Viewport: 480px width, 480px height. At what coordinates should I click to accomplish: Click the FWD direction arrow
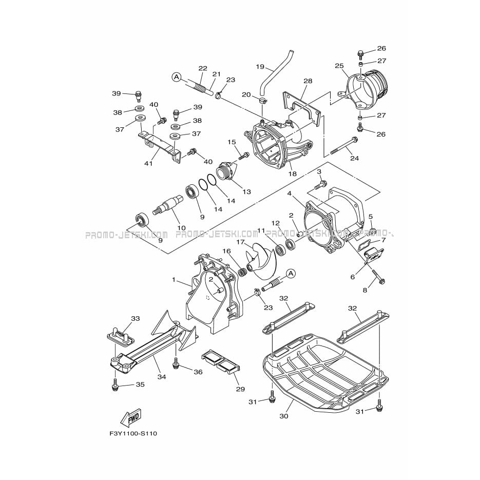(131, 417)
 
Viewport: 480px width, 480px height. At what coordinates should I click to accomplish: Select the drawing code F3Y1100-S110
(133, 433)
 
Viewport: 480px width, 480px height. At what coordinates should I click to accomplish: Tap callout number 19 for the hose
(260, 66)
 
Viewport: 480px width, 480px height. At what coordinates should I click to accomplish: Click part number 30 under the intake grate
(284, 416)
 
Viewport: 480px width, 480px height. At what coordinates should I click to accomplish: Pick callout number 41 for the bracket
(148, 164)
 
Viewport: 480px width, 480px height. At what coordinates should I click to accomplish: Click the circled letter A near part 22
(176, 77)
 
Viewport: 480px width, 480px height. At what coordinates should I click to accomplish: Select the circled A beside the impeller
(291, 273)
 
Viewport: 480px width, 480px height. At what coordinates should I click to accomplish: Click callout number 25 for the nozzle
(339, 66)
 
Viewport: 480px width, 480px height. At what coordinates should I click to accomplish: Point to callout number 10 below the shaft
(182, 228)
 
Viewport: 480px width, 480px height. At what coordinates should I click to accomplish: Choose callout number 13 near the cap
(246, 192)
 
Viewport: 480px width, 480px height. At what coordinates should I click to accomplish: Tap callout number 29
(240, 389)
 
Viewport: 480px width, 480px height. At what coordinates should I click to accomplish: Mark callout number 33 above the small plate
(136, 318)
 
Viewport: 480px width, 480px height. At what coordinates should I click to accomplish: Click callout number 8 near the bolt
(364, 290)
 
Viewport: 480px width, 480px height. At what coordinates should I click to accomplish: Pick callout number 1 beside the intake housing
(174, 279)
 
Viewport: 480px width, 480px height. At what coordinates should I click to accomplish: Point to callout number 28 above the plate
(308, 81)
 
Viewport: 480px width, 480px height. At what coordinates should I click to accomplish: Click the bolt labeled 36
(176, 363)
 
